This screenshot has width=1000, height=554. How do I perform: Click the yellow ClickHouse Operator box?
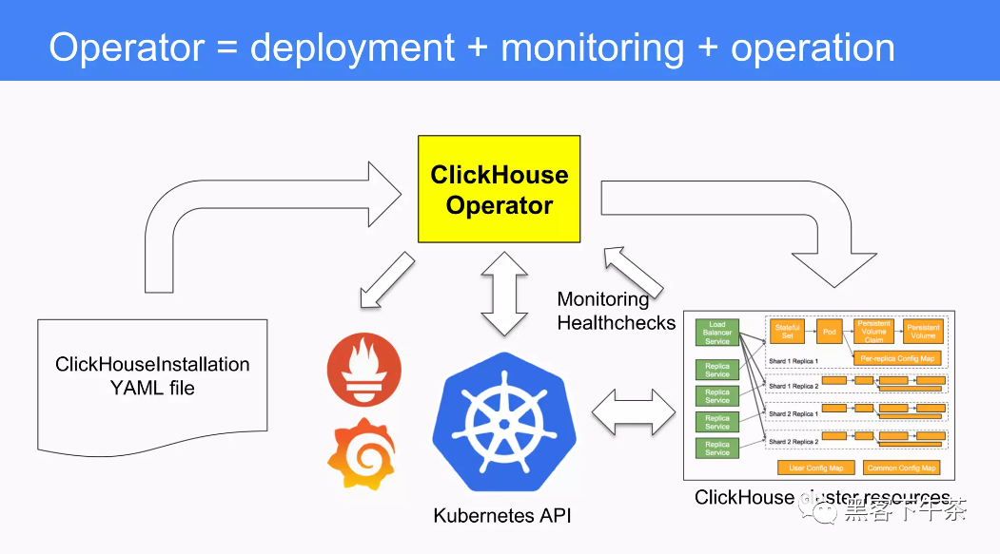(x=499, y=189)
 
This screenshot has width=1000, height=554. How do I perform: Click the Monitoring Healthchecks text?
(x=616, y=311)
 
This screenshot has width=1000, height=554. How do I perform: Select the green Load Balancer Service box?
(x=717, y=332)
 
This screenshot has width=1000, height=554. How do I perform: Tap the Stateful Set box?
(x=787, y=332)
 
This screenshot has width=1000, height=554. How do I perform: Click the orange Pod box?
(x=829, y=332)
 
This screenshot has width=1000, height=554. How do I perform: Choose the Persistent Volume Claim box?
(x=873, y=332)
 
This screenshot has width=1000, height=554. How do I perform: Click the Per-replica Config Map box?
(x=896, y=358)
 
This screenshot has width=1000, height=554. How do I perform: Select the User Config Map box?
(x=816, y=468)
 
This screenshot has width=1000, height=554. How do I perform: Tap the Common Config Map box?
(x=901, y=468)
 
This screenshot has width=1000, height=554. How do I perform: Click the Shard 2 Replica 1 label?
(x=793, y=414)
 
